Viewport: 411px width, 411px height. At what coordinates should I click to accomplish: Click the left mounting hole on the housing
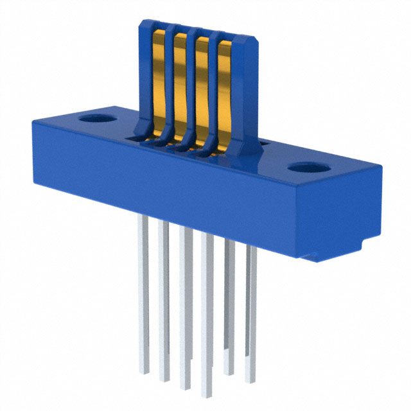click(x=96, y=119)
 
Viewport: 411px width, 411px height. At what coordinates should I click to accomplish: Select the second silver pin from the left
click(x=164, y=302)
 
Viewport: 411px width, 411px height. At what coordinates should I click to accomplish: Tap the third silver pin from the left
click(x=186, y=308)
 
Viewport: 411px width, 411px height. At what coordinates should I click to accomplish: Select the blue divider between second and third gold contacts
click(x=191, y=80)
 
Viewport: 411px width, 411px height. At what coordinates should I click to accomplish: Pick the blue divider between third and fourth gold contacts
click(x=213, y=83)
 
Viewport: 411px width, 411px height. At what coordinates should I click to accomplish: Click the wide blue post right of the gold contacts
click(x=245, y=90)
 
